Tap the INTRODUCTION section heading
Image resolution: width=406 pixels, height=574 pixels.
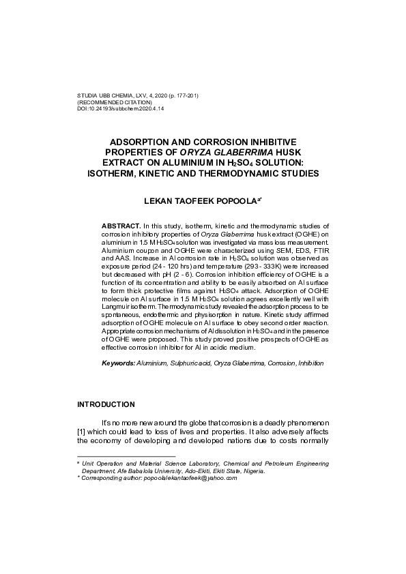[106, 404]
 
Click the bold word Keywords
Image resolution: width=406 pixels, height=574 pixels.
[118, 363]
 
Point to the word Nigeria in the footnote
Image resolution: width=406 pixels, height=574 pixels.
[250, 470]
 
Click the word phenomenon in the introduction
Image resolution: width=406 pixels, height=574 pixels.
[300, 423]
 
